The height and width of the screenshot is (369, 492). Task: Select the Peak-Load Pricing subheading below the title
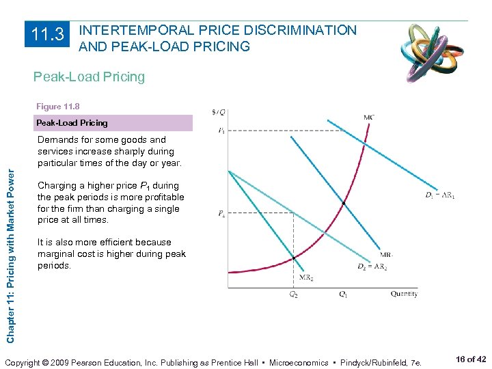(x=89, y=77)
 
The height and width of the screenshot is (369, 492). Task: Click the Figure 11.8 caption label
(x=58, y=107)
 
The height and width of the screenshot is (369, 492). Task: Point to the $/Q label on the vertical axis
(x=219, y=112)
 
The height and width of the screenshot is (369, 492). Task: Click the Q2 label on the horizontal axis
(x=293, y=295)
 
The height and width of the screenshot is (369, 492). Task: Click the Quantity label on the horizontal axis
(x=404, y=295)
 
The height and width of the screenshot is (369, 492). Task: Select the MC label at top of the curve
(x=368, y=117)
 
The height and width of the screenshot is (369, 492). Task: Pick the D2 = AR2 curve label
(x=372, y=267)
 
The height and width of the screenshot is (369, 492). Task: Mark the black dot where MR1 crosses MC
(x=343, y=204)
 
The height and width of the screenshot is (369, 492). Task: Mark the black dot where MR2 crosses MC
(x=294, y=258)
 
